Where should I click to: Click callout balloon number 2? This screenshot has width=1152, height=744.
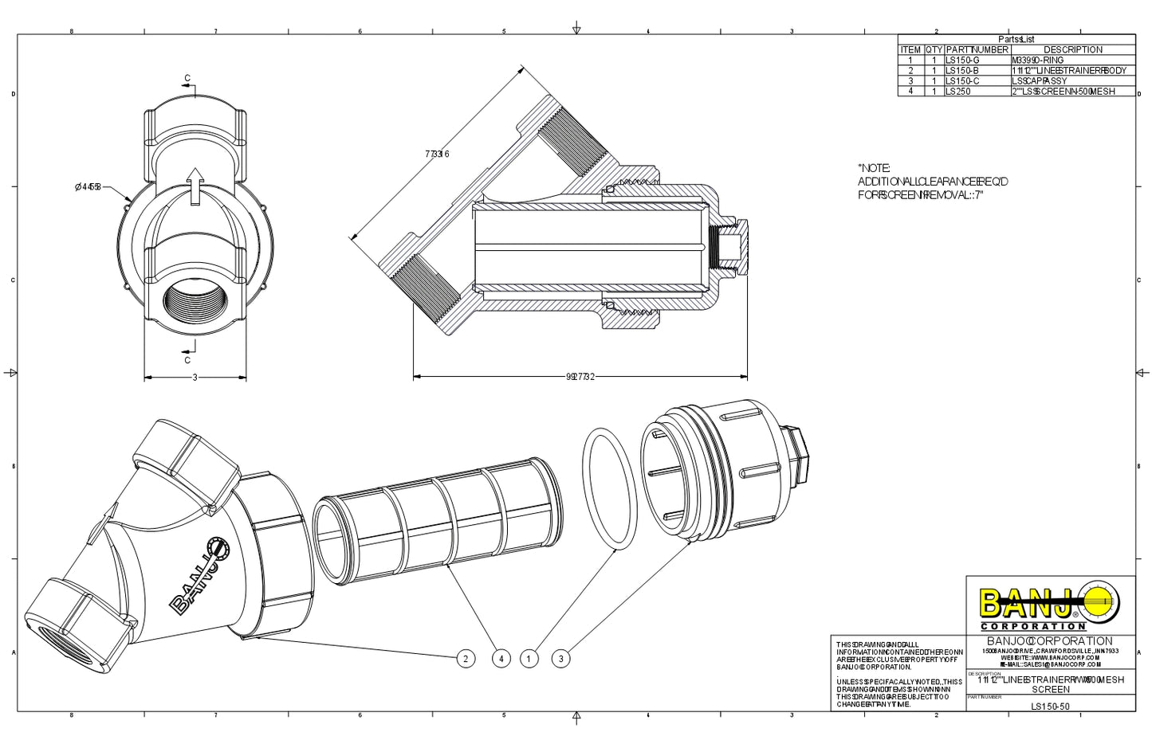[x=466, y=659]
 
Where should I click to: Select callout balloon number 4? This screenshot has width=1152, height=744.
[x=501, y=659]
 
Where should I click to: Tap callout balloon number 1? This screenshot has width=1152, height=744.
[x=529, y=659]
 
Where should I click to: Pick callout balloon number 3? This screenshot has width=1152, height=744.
[x=561, y=659]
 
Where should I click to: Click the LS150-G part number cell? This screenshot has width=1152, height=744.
[x=962, y=60]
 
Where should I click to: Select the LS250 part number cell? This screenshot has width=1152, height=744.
[x=958, y=92]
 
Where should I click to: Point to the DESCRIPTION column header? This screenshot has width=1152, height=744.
[x=1072, y=49]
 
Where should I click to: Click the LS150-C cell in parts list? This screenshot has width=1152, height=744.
[x=962, y=81]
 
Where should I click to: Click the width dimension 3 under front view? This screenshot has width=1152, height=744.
[x=195, y=378]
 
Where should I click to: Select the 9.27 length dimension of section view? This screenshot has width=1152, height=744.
[x=580, y=377]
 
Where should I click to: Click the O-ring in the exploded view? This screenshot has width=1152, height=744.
[x=610, y=488]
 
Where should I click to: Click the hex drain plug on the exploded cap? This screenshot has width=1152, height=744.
[x=796, y=452]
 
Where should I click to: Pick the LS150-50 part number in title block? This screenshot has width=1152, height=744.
[x=1050, y=706]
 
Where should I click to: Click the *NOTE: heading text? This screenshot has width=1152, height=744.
[x=874, y=168]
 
